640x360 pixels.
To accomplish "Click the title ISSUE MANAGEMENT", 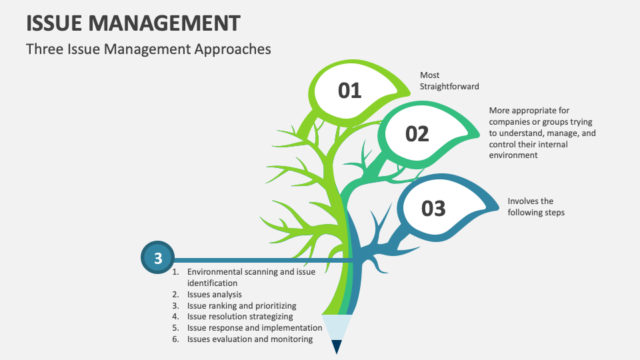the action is coord(133,23).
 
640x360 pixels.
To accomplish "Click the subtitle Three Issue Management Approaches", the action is coord(148,49).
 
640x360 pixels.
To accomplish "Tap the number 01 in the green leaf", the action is coord(350,90).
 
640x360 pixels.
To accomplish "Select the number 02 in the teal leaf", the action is coord(417,134).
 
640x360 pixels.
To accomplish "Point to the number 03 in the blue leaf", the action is coord(433,209).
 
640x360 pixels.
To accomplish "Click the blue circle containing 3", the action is coord(157,257).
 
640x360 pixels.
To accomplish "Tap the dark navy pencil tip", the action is coord(337,347).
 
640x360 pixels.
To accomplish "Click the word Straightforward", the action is coord(449,87).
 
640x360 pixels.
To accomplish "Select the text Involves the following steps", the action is coord(536,207).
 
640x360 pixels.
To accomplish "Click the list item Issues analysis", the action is coord(214,295).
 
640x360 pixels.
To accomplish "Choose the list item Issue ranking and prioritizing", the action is coord(241,306).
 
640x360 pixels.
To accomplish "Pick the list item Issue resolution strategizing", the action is coord(240,317).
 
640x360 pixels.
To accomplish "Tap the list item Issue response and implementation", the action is coord(255,328).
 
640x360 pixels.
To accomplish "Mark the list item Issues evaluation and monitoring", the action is coord(250,339).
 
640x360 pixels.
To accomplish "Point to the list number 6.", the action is coord(175,339).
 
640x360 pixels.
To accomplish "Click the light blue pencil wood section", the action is coord(337,327).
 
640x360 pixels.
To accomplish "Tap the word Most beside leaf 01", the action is coord(429,75).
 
